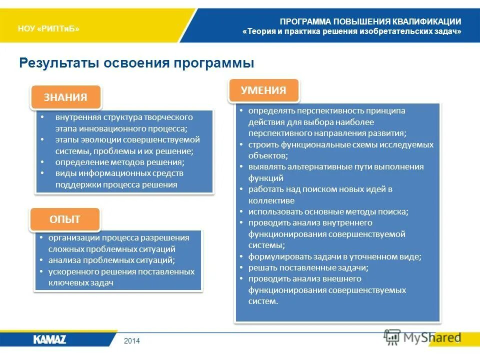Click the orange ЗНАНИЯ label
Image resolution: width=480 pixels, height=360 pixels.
(65, 97)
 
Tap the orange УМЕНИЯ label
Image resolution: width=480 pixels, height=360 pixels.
(263, 90)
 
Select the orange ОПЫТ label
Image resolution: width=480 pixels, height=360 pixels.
(64, 219)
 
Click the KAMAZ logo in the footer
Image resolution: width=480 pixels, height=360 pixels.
(49, 339)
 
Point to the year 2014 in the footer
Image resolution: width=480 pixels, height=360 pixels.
(132, 341)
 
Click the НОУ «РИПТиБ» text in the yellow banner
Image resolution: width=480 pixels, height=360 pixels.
(48, 29)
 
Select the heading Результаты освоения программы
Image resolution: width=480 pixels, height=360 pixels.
(136, 63)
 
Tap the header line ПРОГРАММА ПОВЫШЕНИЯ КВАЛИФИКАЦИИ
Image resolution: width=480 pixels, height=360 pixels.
(370, 21)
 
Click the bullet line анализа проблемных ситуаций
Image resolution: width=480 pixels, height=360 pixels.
(111, 260)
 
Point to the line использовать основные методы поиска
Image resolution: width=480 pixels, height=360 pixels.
(328, 211)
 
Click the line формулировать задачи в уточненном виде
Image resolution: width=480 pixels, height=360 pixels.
(335, 256)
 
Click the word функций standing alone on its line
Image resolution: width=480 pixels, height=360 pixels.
(266, 178)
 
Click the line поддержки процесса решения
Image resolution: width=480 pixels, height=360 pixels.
(116, 184)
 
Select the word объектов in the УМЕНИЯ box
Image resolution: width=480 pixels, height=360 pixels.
(267, 155)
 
